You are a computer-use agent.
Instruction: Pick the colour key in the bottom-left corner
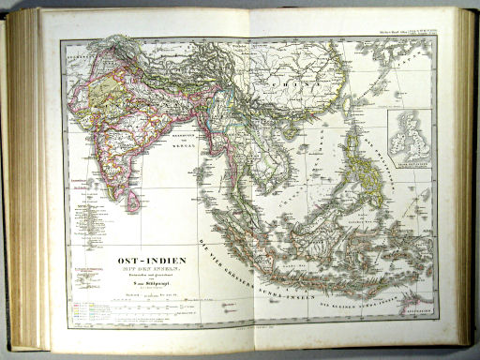coord(90,300)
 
